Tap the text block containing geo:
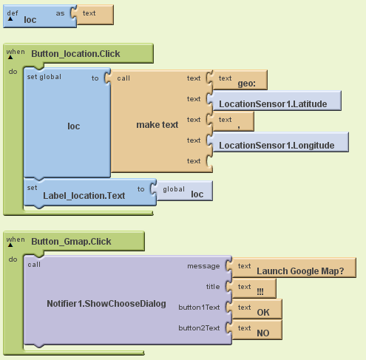tap(237, 80)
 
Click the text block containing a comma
tap(231, 121)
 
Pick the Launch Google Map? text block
tap(291, 268)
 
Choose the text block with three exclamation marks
tap(251, 288)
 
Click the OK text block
tap(254, 309)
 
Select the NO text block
tap(254, 330)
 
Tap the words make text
tap(157, 125)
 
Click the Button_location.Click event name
tap(75, 54)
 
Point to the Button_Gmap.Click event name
tap(71, 242)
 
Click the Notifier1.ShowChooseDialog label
tap(106, 304)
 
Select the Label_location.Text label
tap(84, 196)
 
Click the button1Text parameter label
tap(199, 308)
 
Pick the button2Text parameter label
tap(199, 328)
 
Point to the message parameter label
tap(203, 266)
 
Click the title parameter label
tap(213, 287)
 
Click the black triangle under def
tap(10, 18)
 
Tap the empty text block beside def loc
tap(92, 15)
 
